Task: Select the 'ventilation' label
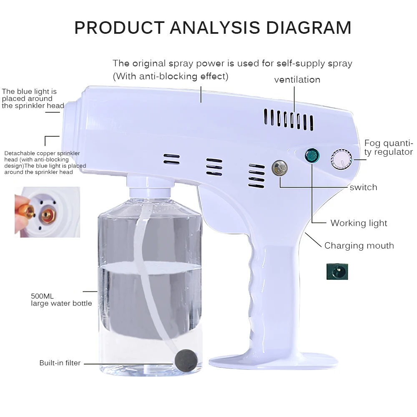tap(297, 80)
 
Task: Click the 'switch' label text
tap(363, 187)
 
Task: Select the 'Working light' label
tap(359, 223)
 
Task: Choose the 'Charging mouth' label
tap(359, 246)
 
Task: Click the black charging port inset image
tap(337, 271)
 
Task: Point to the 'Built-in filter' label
tap(60, 363)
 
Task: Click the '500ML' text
tap(42, 296)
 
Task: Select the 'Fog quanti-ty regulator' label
tap(388, 148)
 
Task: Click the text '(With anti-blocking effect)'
tap(171, 76)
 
